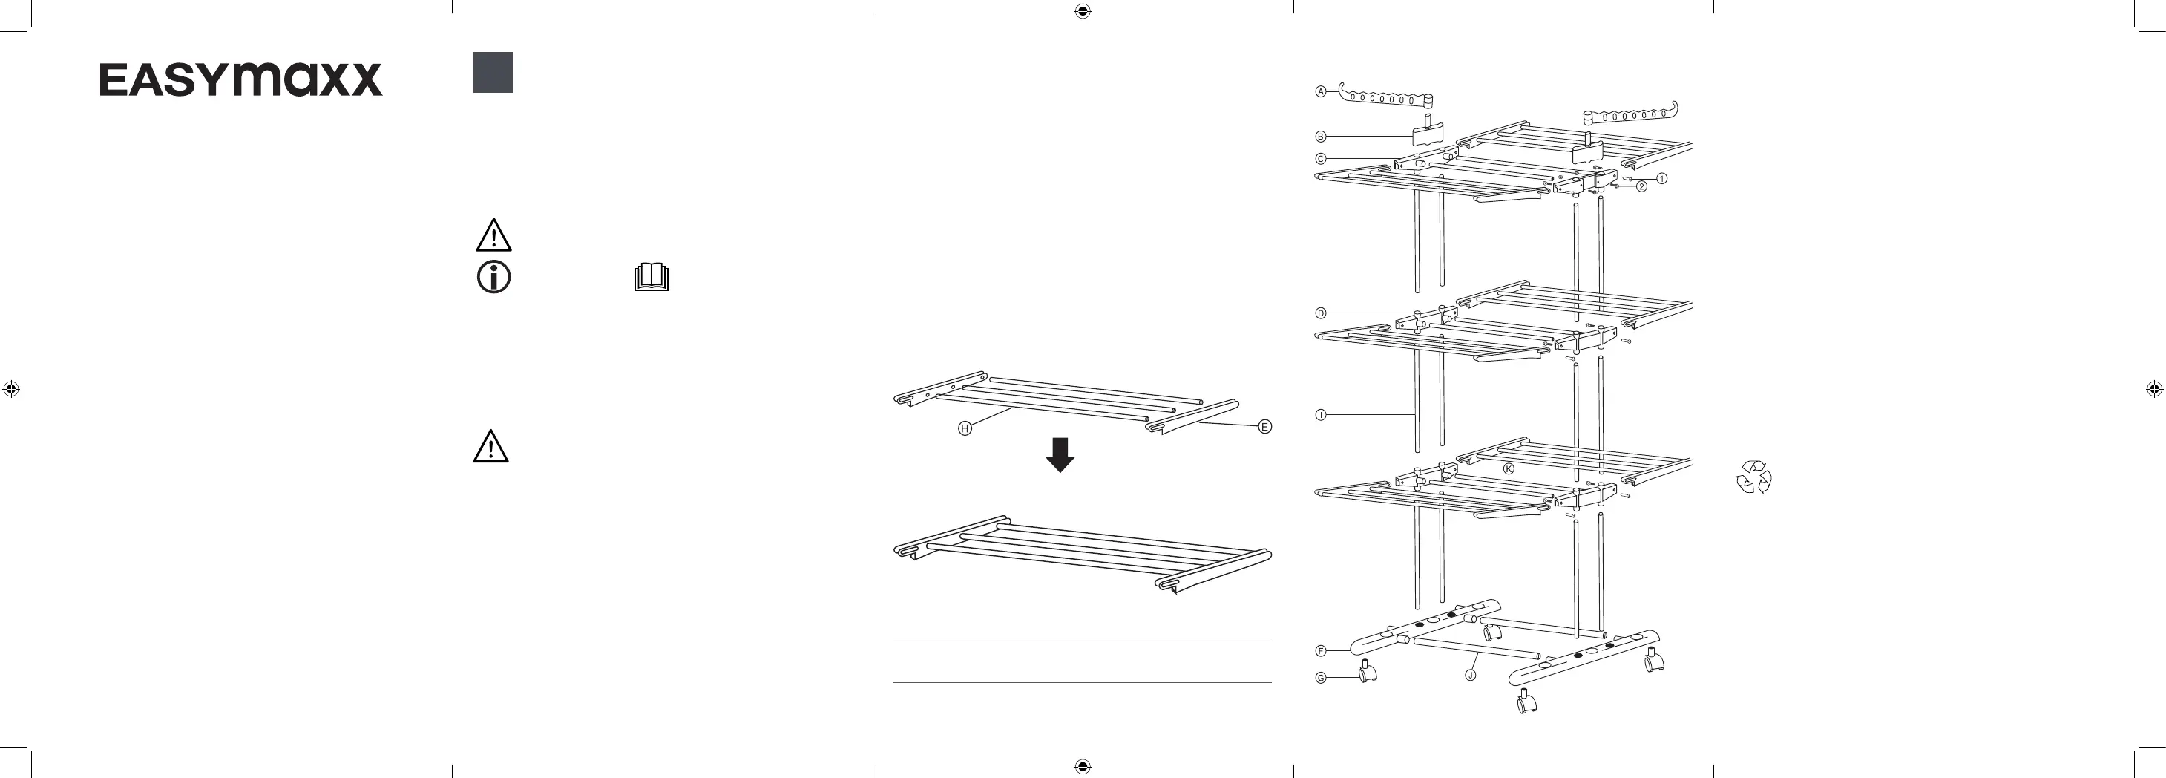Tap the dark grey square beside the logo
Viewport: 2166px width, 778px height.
493,72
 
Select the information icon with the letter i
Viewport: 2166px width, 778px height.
493,277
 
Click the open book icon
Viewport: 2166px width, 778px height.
652,277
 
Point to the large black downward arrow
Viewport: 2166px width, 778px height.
1060,455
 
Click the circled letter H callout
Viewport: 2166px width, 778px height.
965,429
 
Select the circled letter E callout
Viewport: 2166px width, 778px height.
1264,426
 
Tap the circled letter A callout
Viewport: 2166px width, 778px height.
1321,91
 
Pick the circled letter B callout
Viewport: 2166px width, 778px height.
1321,137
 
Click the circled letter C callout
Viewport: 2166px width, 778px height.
1321,159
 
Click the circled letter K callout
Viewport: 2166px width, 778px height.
1509,469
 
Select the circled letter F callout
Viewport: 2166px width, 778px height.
1321,651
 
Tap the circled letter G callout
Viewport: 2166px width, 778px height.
1321,678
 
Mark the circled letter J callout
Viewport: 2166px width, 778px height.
1471,675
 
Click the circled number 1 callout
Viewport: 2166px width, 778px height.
1661,178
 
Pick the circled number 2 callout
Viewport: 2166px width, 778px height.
1641,187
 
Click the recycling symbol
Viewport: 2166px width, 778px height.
1753,477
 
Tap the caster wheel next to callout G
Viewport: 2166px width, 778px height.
1368,671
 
